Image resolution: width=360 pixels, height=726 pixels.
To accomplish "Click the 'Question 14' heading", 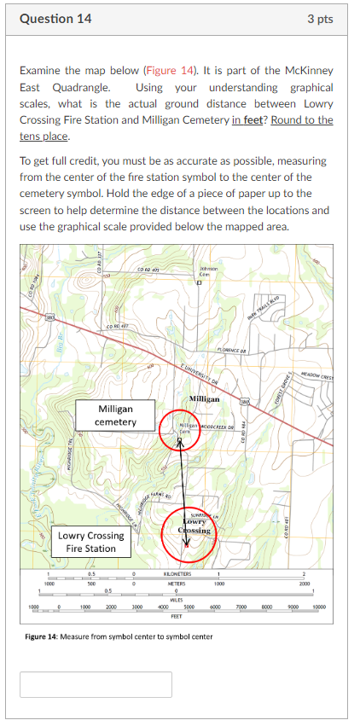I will (x=55, y=19).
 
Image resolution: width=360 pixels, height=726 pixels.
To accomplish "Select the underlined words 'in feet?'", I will (x=250, y=119).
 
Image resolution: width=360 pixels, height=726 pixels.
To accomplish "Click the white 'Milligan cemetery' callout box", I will (x=116, y=416).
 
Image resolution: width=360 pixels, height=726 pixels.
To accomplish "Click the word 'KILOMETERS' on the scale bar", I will (x=177, y=575).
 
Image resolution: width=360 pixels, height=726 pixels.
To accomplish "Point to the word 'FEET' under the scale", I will (x=177, y=614).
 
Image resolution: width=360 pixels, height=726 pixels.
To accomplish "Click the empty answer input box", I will (x=96, y=683).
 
